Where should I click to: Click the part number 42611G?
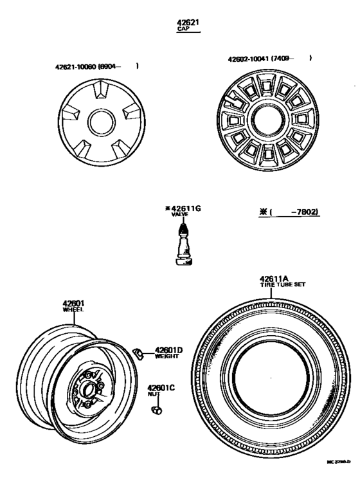183,209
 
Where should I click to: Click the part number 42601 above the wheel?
74,302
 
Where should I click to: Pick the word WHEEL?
73,310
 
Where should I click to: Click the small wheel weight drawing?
137,351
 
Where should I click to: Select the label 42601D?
168,350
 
